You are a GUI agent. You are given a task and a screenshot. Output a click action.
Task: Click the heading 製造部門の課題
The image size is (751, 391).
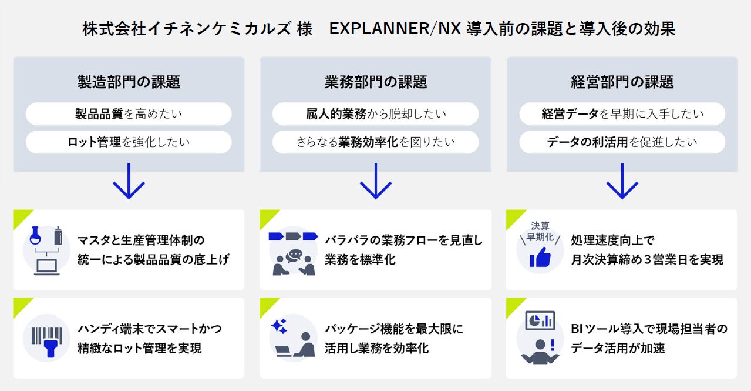click(x=129, y=82)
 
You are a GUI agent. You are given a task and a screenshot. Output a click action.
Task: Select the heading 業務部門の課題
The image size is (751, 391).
click(x=375, y=82)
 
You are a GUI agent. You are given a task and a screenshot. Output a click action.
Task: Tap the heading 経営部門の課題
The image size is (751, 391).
click(x=622, y=82)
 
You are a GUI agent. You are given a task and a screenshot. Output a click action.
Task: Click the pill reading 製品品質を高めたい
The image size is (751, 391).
click(x=129, y=113)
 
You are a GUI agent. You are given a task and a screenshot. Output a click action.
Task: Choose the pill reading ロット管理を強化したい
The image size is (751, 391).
click(x=129, y=142)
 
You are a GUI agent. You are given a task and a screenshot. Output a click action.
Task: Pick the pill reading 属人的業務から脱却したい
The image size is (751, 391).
click(x=375, y=113)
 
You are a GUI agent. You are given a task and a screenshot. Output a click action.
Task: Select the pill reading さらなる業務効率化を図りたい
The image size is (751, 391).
click(x=375, y=142)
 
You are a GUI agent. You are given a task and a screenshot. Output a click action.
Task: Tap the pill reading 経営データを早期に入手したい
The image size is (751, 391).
click(x=622, y=113)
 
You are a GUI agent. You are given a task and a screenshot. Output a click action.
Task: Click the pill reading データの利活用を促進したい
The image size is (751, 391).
click(x=622, y=142)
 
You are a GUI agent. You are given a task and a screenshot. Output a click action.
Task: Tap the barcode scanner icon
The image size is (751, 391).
click(x=46, y=338)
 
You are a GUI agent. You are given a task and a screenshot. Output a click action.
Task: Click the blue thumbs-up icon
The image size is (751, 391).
click(x=540, y=257)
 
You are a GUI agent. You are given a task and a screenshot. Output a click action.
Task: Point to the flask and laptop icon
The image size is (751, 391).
click(x=46, y=250)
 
